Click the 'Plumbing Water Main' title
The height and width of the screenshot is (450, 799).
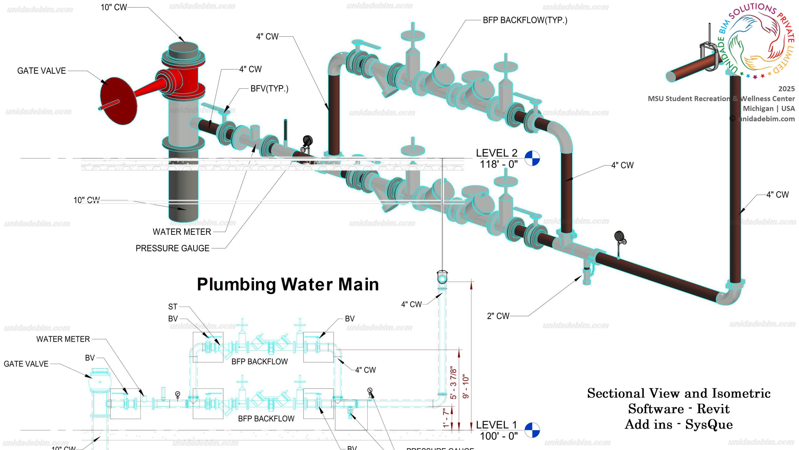pos(288,284)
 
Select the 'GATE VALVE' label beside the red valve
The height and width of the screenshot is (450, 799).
pos(42,71)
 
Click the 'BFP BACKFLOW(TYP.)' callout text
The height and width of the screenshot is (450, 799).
pos(525,20)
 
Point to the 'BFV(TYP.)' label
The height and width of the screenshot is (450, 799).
pos(269,89)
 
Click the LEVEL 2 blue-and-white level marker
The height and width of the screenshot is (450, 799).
pos(532,158)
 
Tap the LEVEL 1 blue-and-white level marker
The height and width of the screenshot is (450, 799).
pos(532,430)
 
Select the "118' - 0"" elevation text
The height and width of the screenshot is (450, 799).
pos(498,164)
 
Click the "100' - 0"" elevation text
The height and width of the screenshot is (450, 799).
pos(498,436)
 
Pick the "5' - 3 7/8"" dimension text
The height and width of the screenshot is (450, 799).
pos(453,383)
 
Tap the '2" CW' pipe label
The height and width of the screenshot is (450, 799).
pos(498,316)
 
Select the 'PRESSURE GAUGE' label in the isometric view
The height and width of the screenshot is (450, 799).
pos(172,248)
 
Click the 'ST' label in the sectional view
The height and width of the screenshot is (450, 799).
pos(173,307)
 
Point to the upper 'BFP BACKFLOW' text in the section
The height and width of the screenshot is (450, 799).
pos(259,362)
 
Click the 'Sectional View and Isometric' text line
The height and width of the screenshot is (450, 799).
pos(679,393)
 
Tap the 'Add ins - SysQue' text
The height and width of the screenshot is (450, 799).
pos(679,424)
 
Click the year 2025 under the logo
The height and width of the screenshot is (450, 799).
pos(786,89)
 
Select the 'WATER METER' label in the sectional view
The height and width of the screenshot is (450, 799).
pos(63,339)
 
